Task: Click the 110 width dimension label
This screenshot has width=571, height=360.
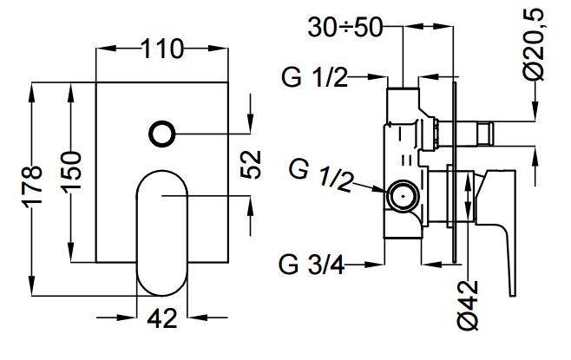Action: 162,49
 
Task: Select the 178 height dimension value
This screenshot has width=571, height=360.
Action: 31,187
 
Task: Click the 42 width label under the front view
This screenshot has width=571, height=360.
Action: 162,318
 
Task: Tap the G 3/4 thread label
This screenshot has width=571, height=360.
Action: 313,262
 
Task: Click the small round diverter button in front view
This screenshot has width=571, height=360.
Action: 162,134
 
